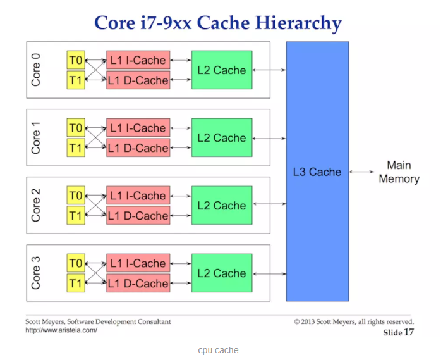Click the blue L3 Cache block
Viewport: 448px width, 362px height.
317,172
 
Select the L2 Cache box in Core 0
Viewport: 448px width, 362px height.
221,70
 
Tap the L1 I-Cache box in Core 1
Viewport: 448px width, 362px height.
138,128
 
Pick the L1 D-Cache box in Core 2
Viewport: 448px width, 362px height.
138,216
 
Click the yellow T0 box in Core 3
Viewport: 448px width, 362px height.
76,263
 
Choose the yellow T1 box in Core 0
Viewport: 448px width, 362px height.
76,80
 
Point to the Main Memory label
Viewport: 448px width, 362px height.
399,172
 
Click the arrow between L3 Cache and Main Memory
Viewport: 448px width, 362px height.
365,172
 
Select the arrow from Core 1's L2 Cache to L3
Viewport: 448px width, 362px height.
269,138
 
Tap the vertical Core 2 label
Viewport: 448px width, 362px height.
36,206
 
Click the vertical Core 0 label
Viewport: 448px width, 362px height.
36,70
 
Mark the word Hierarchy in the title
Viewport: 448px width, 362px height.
296,23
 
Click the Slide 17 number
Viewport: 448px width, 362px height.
398,332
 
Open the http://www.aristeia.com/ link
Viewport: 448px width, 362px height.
61,330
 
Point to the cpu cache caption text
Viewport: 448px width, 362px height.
218,350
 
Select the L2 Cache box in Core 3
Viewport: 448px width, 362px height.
221,273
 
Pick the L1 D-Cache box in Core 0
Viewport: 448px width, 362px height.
138,80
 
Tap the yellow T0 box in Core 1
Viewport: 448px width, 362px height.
76,128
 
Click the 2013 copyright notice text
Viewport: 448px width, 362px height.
353,322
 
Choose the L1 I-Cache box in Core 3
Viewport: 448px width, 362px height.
138,263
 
